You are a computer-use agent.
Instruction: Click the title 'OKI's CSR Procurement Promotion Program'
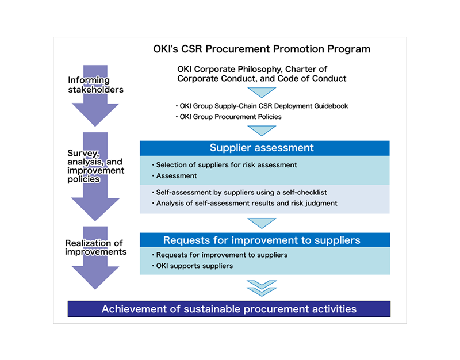(x=262, y=49)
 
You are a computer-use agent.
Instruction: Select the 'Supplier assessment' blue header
(x=262, y=148)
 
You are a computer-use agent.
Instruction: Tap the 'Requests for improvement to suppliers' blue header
(x=262, y=240)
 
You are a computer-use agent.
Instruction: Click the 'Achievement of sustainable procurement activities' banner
(x=229, y=309)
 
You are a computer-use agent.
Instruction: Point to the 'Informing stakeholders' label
(x=95, y=85)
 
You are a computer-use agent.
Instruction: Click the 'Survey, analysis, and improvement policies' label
(x=95, y=166)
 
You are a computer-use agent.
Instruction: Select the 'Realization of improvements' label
(x=95, y=247)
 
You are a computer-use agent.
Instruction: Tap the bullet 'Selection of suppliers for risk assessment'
(x=227, y=164)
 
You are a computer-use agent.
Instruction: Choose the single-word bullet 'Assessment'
(x=177, y=176)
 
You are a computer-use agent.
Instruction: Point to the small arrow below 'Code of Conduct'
(x=262, y=92)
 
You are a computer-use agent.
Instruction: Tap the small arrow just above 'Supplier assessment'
(x=262, y=131)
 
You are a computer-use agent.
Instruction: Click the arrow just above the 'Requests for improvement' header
(x=262, y=223)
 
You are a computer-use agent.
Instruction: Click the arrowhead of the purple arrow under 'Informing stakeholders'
(x=95, y=114)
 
